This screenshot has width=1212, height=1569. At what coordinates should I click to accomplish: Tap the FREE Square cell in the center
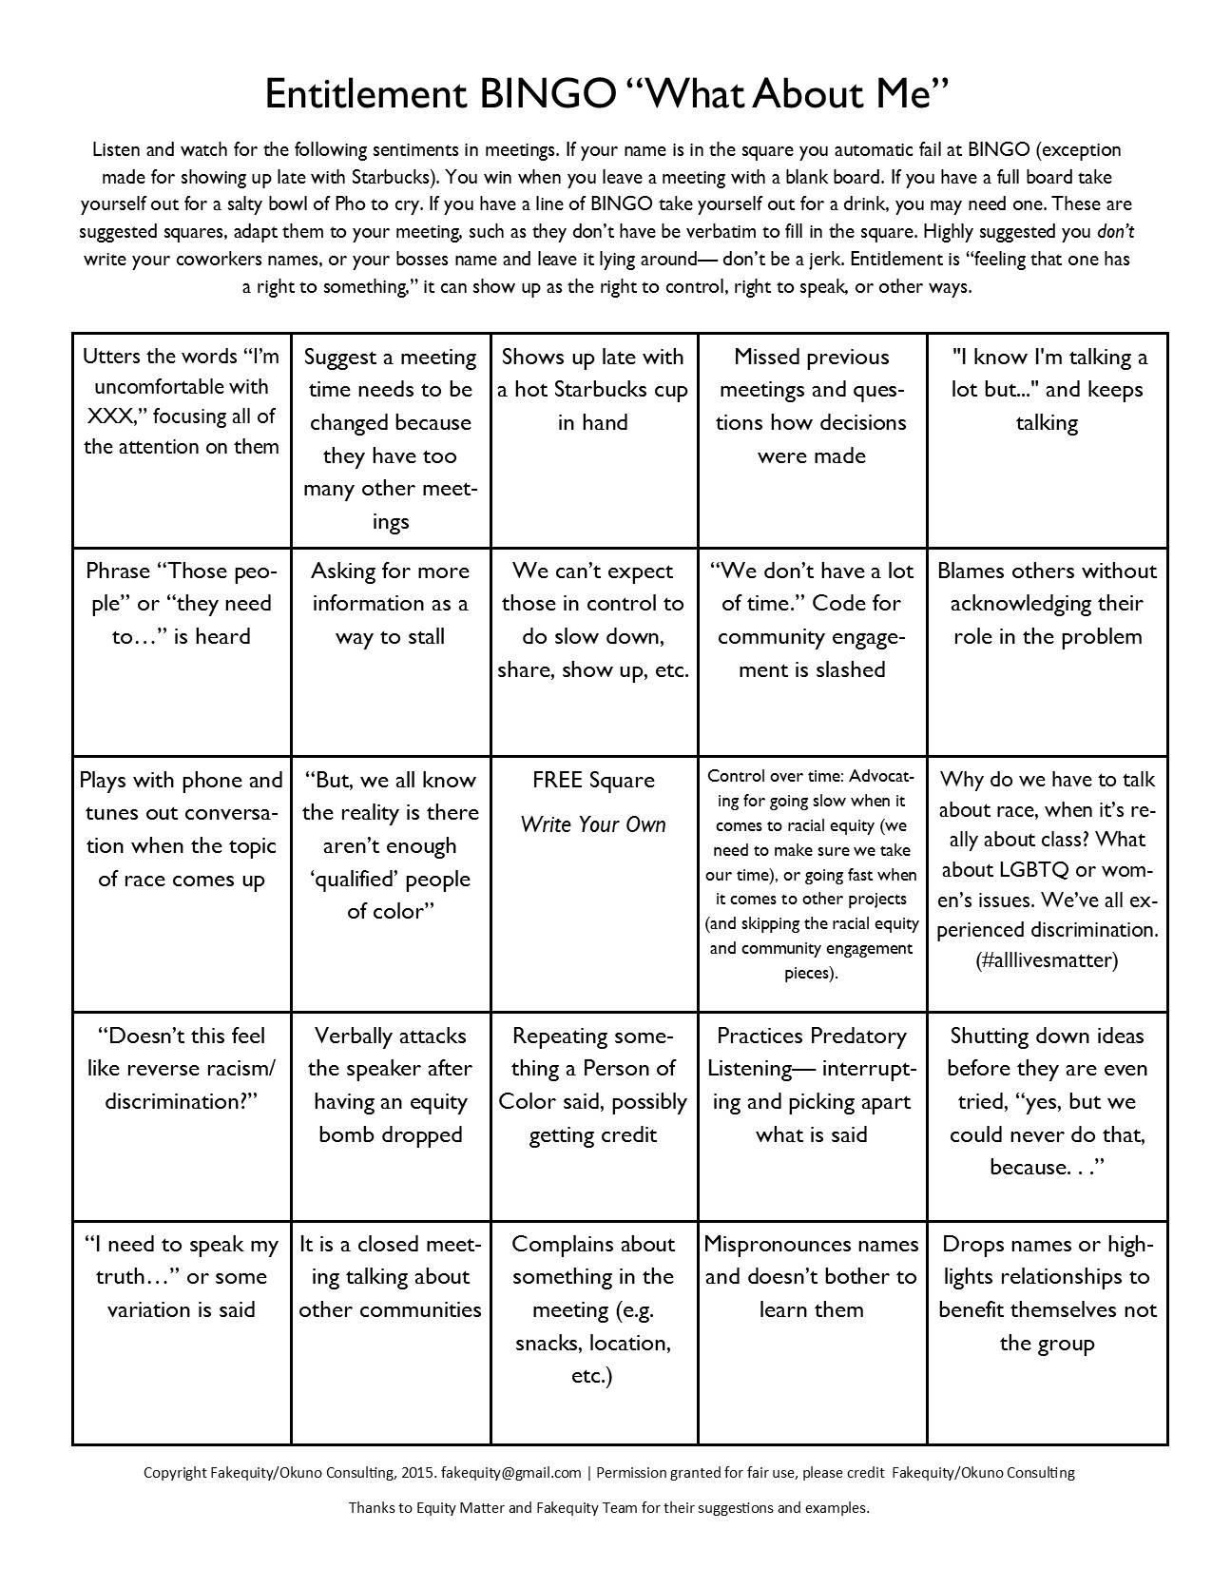coord(593,882)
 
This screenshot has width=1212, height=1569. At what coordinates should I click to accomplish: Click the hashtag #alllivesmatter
coord(1047,960)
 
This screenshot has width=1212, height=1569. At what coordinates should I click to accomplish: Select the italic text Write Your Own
coord(593,824)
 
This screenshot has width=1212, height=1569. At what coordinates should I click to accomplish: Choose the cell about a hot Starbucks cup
coord(593,439)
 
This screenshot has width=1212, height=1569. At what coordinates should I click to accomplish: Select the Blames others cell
coord(1047,650)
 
